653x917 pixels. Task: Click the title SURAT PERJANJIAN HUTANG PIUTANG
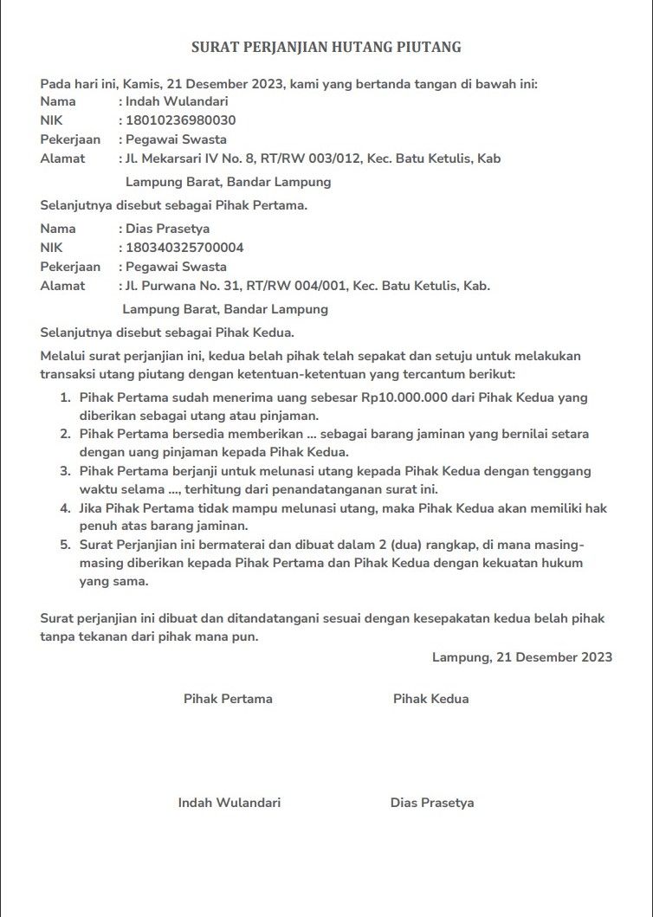coord(326,47)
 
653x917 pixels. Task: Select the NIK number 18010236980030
coord(180,120)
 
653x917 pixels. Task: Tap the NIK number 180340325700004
coord(184,248)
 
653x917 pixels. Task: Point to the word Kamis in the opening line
coord(141,84)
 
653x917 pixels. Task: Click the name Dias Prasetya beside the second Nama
coord(168,229)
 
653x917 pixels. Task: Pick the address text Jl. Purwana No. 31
coord(180,286)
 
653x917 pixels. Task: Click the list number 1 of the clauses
coord(65,398)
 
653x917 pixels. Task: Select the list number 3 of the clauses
coord(65,472)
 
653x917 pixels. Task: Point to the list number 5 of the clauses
coord(65,546)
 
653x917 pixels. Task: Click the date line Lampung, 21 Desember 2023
coord(522,657)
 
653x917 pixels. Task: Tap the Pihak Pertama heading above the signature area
coord(228,699)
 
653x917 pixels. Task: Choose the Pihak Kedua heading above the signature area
coord(430,699)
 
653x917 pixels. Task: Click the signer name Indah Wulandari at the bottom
coord(230,803)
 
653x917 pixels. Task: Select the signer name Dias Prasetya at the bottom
coord(432,803)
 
